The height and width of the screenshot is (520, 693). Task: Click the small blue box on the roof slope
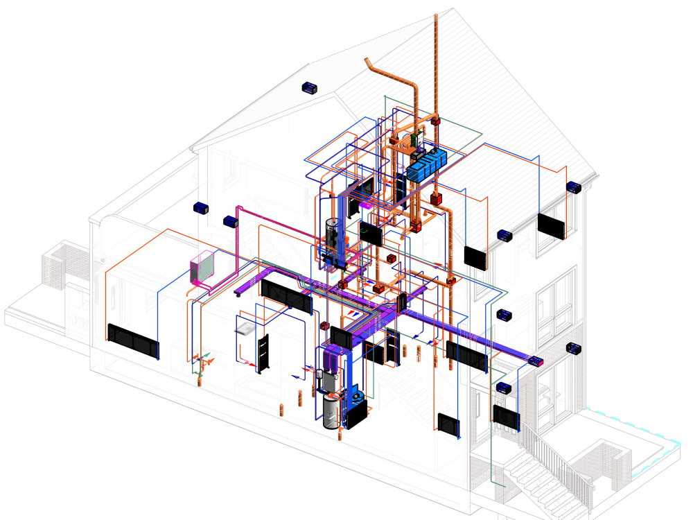pos(309,88)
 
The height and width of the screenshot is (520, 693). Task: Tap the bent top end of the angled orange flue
pos(369,64)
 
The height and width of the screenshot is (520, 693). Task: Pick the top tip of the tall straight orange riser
pos(436,15)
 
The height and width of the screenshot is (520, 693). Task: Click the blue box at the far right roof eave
pos(574,187)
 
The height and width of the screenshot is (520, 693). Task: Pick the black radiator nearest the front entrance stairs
pos(507,416)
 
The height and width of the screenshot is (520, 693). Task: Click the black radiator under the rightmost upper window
pos(552,226)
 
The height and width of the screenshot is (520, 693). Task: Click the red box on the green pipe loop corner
pos(437,122)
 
